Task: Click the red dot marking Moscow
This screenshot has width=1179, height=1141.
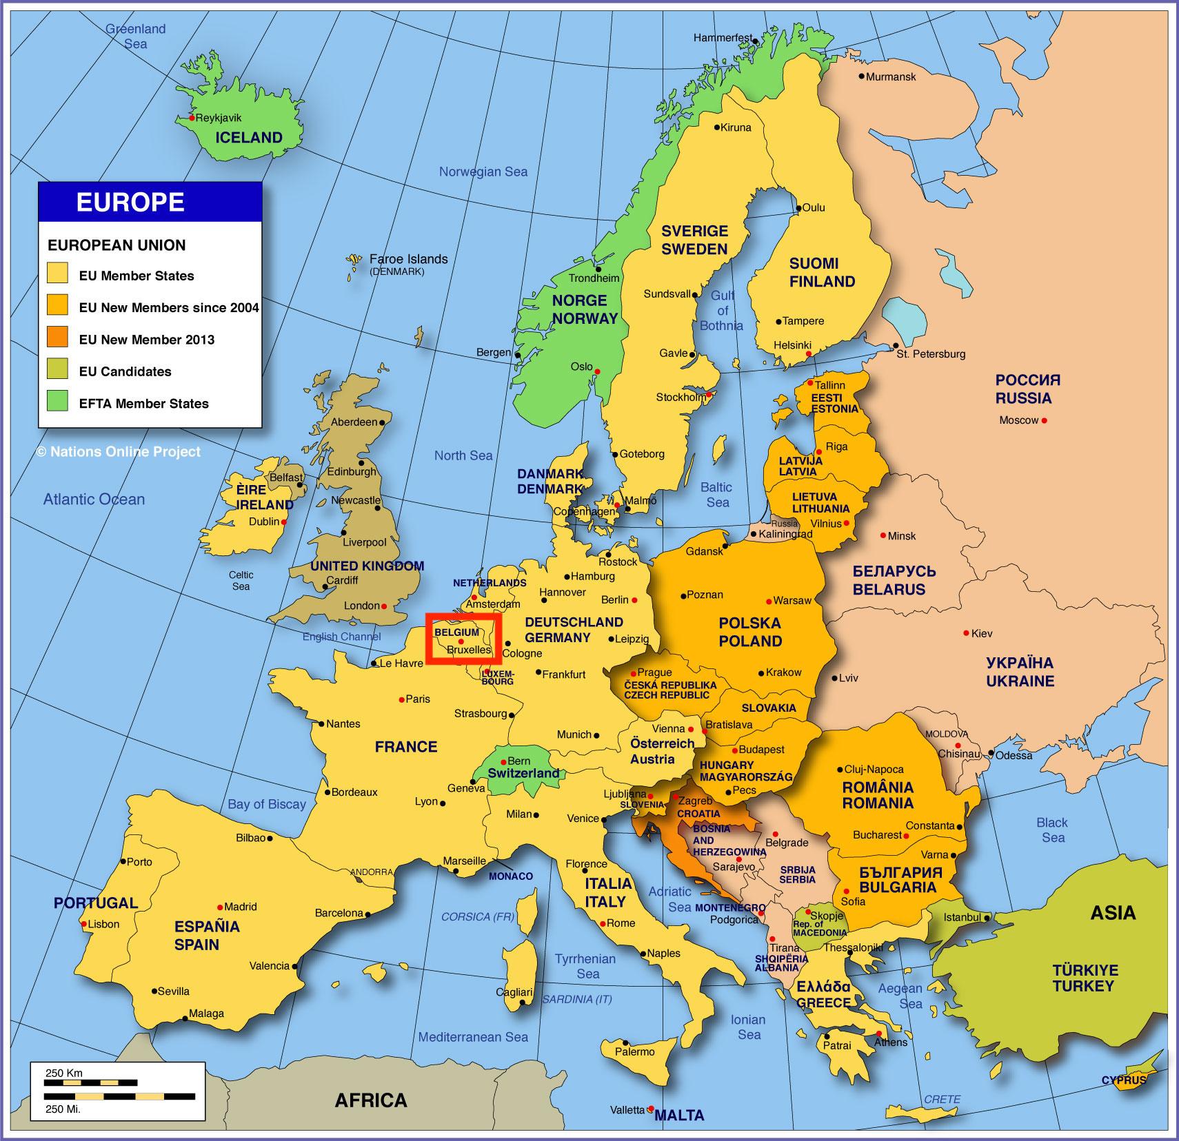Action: click(x=1045, y=420)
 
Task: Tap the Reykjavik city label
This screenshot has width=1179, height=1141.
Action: click(x=219, y=118)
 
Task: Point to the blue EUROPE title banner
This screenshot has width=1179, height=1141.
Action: click(x=150, y=202)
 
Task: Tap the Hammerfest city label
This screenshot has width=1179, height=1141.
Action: click(x=723, y=38)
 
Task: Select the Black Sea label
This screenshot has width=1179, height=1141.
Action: click(x=1052, y=830)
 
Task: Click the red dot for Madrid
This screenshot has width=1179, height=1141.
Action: click(x=220, y=907)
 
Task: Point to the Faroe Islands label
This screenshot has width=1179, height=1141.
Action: click(x=408, y=259)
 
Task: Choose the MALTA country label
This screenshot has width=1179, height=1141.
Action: click(x=679, y=1115)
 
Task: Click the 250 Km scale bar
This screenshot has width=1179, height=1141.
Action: click(x=90, y=1082)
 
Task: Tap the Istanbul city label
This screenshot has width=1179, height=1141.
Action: click(x=962, y=917)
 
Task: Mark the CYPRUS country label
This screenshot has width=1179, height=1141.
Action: click(x=1123, y=1080)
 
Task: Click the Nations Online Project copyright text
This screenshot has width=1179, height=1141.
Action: click(x=119, y=452)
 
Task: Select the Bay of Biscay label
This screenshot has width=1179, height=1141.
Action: click(x=266, y=804)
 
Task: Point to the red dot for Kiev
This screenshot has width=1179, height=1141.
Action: click(x=966, y=633)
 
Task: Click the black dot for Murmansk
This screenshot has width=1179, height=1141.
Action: click(x=860, y=76)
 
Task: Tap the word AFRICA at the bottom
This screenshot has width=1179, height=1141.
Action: click(x=370, y=1100)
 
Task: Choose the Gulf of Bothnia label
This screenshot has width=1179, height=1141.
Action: click(x=722, y=310)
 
